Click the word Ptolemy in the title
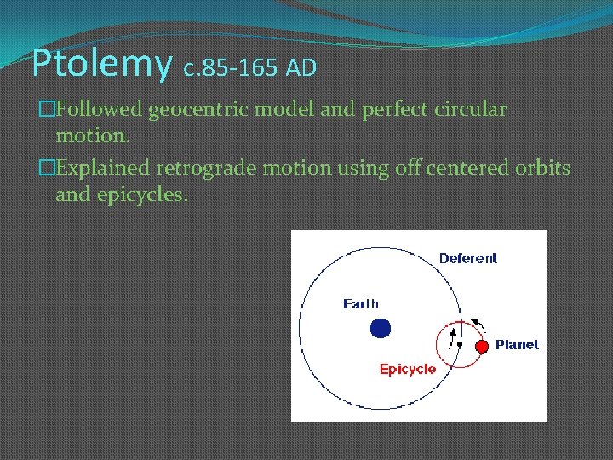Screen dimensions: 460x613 coord(100,64)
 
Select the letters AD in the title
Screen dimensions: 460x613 coord(301,66)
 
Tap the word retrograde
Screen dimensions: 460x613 coord(218,169)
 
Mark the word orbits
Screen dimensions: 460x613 coord(542,168)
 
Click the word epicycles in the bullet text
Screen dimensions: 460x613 coord(140,194)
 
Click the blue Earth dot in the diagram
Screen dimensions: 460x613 coord(381,328)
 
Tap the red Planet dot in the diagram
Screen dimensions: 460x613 coord(481,345)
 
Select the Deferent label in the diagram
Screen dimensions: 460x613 coord(467,258)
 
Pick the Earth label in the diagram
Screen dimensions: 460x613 coord(360,303)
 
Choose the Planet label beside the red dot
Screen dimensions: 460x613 coord(517,345)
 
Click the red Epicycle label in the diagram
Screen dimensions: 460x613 coord(407,369)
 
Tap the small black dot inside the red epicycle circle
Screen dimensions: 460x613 coord(459,345)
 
